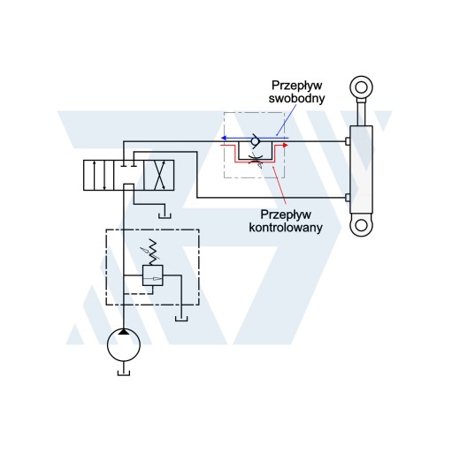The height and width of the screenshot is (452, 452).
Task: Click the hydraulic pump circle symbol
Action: pos(124,344)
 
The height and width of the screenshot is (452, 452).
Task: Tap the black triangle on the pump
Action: pos(124,332)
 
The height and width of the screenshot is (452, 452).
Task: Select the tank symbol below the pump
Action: pos(124,373)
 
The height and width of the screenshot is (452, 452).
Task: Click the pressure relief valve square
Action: pos(153,275)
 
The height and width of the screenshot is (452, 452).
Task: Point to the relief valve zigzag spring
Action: pos(153,252)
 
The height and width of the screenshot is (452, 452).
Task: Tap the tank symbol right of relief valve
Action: pos(181,318)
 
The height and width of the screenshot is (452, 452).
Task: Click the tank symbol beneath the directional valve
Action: pos(165,215)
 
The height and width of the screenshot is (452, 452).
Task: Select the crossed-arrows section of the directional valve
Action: pos(159,175)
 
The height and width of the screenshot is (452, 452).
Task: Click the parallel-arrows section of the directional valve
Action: pos(98,175)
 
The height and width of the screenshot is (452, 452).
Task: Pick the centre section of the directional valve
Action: pos(129,175)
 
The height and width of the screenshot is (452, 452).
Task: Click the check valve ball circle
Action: pos(255,141)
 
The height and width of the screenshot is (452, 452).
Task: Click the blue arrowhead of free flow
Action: pos(224,138)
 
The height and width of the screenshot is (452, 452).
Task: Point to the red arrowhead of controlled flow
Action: pos(285,145)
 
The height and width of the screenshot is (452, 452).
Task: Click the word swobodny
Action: pos(296,98)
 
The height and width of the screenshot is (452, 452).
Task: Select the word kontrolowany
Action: pos(286,228)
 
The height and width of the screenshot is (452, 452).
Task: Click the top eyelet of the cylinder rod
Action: pos(361,87)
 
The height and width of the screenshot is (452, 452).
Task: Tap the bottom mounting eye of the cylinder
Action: pos(361,226)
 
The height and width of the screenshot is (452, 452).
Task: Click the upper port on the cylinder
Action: pos(348,141)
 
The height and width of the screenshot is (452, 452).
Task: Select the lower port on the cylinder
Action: pos(348,198)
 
